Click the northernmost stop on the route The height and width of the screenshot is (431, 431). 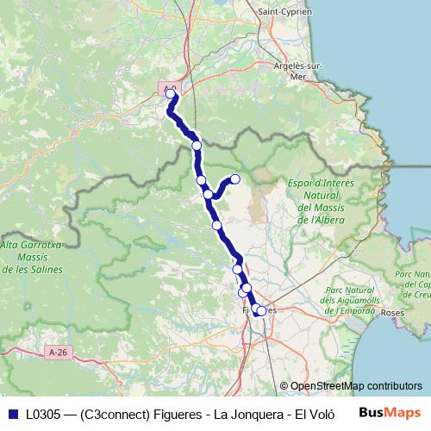pyautogui.click(x=171, y=95)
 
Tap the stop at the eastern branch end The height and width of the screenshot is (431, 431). pyautogui.click(x=234, y=179)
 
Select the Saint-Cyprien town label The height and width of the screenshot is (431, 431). pyautogui.click(x=285, y=11)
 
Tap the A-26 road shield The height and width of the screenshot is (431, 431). pyautogui.click(x=59, y=353)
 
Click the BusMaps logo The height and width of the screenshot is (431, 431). pyautogui.click(x=389, y=412)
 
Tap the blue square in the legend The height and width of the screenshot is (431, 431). pyautogui.click(x=12, y=413)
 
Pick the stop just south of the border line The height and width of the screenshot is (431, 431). pyautogui.click(x=197, y=146)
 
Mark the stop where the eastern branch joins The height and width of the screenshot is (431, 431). pyautogui.click(x=208, y=195)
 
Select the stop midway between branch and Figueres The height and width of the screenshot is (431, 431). pyautogui.click(x=216, y=226)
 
